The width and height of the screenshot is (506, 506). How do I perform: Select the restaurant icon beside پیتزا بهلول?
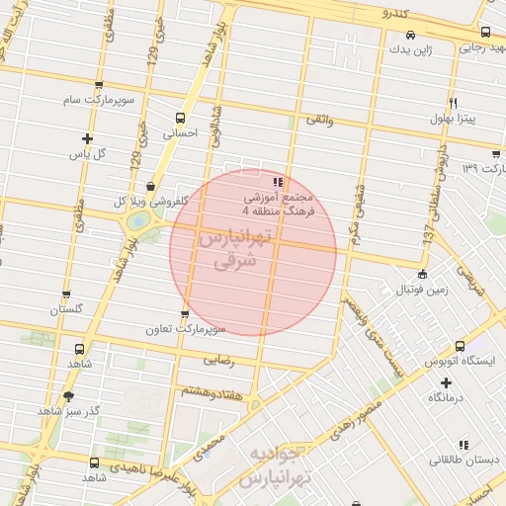[x=453, y=103]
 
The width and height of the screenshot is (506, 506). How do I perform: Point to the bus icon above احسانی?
[x=180, y=117]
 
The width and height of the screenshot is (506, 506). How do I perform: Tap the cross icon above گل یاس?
[x=88, y=138]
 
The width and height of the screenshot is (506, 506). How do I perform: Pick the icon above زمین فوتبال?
[x=423, y=275]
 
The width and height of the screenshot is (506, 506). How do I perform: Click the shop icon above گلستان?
[x=66, y=294]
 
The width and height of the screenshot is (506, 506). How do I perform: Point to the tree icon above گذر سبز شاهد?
[x=67, y=395]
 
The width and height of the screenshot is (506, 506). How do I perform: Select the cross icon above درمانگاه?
[x=446, y=382]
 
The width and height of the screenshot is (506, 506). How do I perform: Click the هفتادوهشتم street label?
[x=212, y=391]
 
